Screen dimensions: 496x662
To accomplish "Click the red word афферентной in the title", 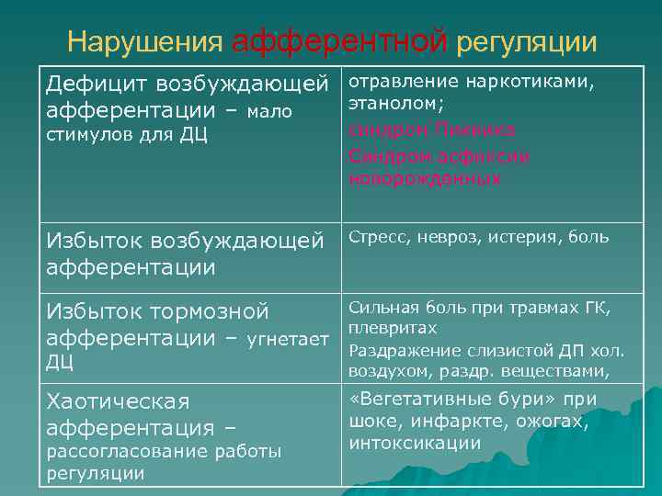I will pyautogui.click(x=339, y=42).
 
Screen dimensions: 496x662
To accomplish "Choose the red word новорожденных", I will pyautogui.click(x=424, y=178).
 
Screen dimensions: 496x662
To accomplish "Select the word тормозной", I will pyautogui.click(x=209, y=312).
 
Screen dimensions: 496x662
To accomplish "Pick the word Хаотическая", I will pyautogui.click(x=118, y=402).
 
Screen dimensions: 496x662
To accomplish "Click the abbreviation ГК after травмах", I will pyautogui.click(x=595, y=307).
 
